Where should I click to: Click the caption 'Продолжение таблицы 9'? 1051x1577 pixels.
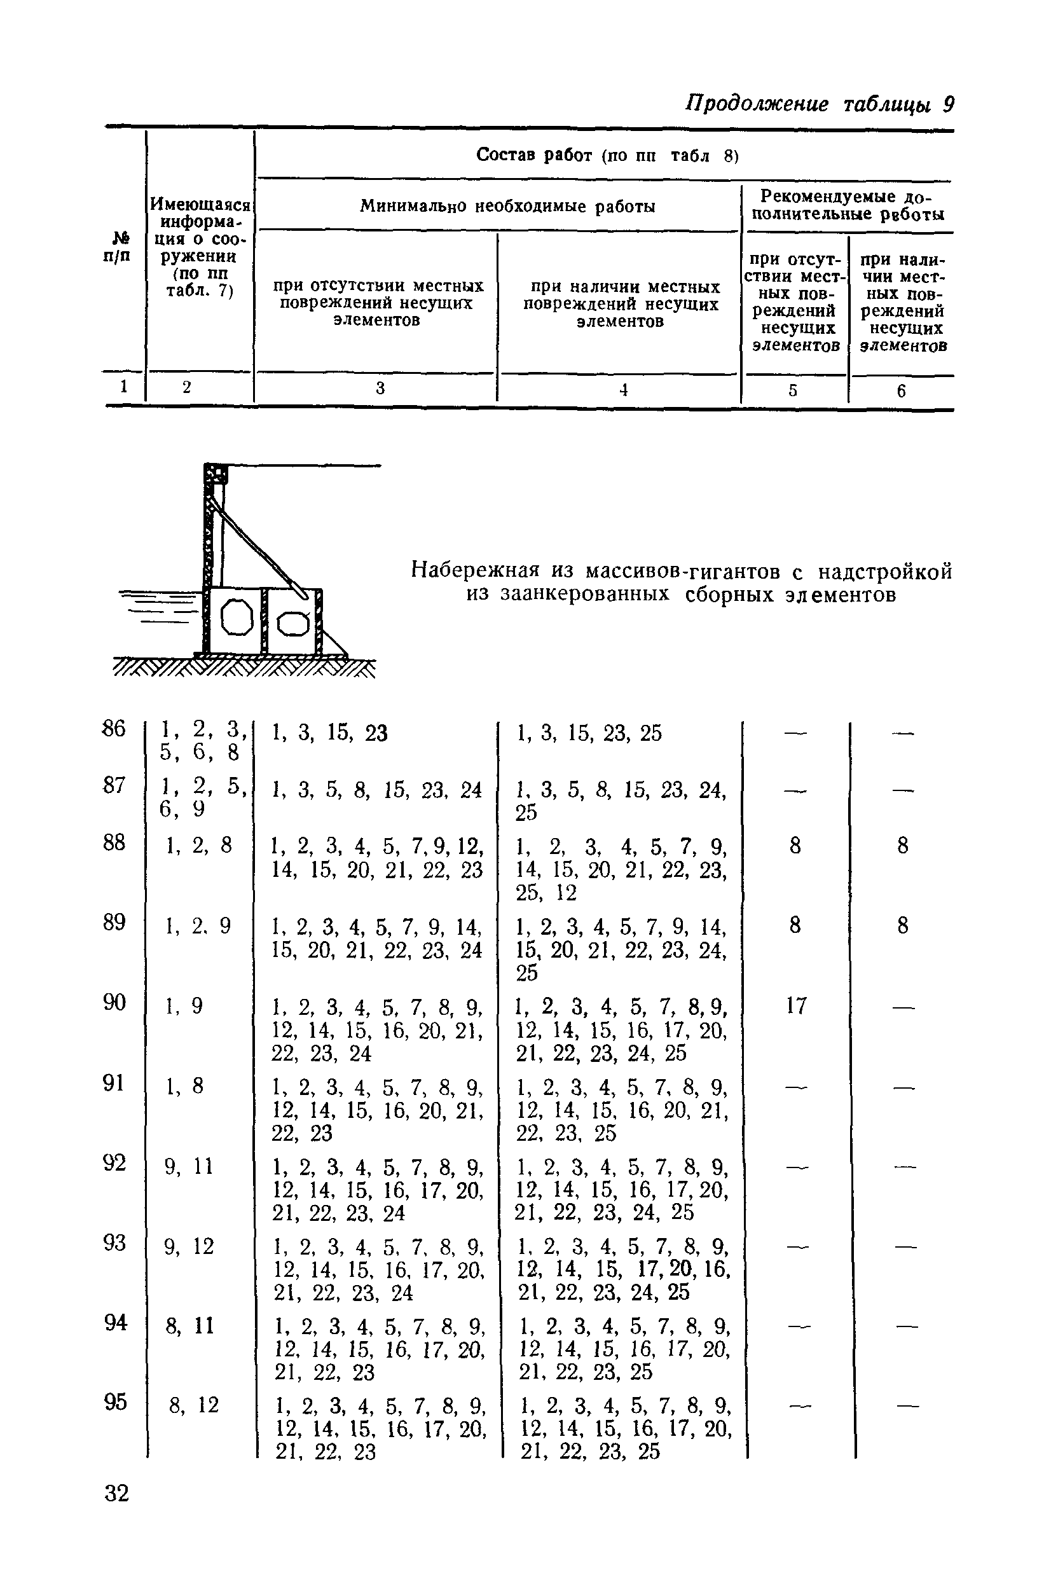tap(819, 105)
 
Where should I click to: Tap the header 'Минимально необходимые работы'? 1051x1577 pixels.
tap(507, 207)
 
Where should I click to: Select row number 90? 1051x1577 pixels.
tap(114, 1003)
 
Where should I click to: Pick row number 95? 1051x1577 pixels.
tap(115, 1402)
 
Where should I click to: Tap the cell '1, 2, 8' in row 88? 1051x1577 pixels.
tap(199, 846)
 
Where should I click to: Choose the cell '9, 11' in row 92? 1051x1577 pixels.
tap(189, 1167)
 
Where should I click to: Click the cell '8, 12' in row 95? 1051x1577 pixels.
tap(194, 1405)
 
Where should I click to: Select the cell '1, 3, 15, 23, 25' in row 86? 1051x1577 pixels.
tap(589, 734)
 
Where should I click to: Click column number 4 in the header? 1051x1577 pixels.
tap(622, 390)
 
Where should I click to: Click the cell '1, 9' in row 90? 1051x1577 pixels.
tap(185, 1006)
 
